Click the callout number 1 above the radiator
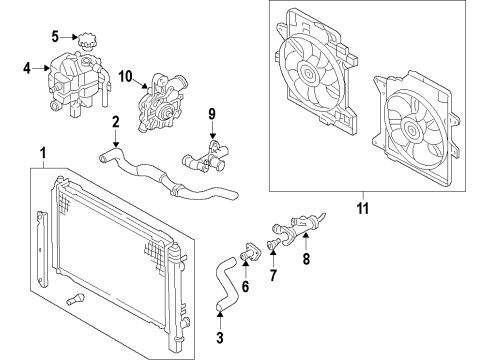click(43, 153)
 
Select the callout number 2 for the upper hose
click(115, 122)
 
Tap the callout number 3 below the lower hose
click(220, 337)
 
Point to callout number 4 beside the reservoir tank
click(27, 68)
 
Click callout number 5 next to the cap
click(55, 37)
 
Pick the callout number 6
click(245, 286)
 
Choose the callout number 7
click(273, 275)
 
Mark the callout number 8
click(306, 259)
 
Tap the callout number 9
click(212, 114)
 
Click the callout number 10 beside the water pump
click(126, 77)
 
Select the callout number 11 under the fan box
click(363, 209)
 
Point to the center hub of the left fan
click(307, 71)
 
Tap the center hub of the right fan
click(411, 128)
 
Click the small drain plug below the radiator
click(75, 299)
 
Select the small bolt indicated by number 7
click(273, 245)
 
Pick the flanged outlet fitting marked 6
click(251, 252)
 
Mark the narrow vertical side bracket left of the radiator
click(42, 249)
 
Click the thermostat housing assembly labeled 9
click(204, 156)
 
